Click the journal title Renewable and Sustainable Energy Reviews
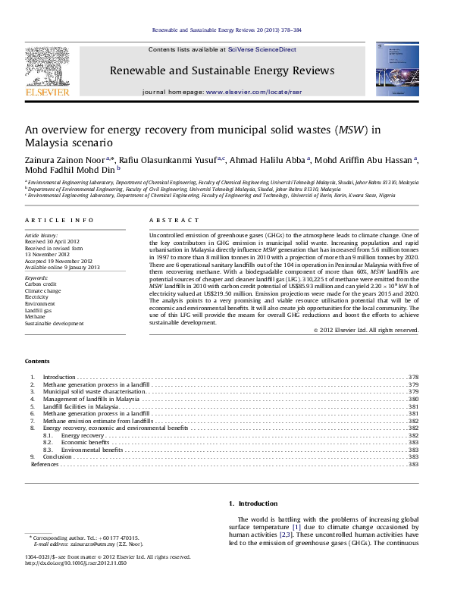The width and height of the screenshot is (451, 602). pyautogui.click(x=223, y=71)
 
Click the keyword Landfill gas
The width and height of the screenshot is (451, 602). pyautogui.click(x=37, y=289)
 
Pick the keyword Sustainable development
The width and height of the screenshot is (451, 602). pyautogui.click(x=55, y=301)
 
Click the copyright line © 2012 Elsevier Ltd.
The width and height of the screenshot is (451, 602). pyautogui.click(x=365, y=330)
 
